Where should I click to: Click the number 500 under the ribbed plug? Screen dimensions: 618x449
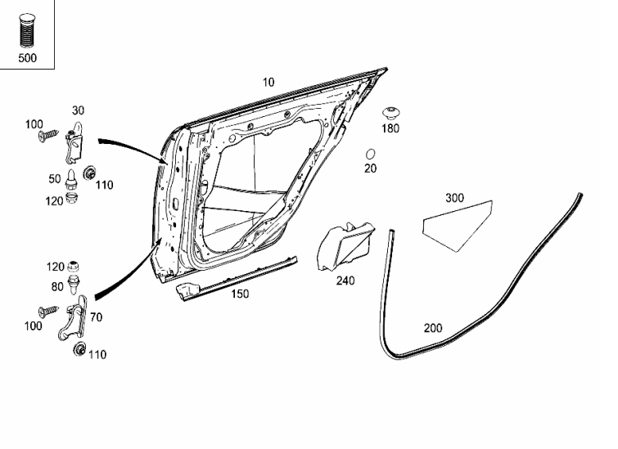[x=27, y=58]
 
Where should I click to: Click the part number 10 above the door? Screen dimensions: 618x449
[x=268, y=83]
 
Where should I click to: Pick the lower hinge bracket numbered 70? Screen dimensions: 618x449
[x=73, y=318]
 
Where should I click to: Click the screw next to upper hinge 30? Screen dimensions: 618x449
[x=48, y=136]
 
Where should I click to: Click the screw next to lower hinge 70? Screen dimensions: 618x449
[x=48, y=312]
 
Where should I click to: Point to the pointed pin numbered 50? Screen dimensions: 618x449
[x=71, y=179]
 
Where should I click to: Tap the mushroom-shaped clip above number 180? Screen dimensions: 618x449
[x=390, y=113]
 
